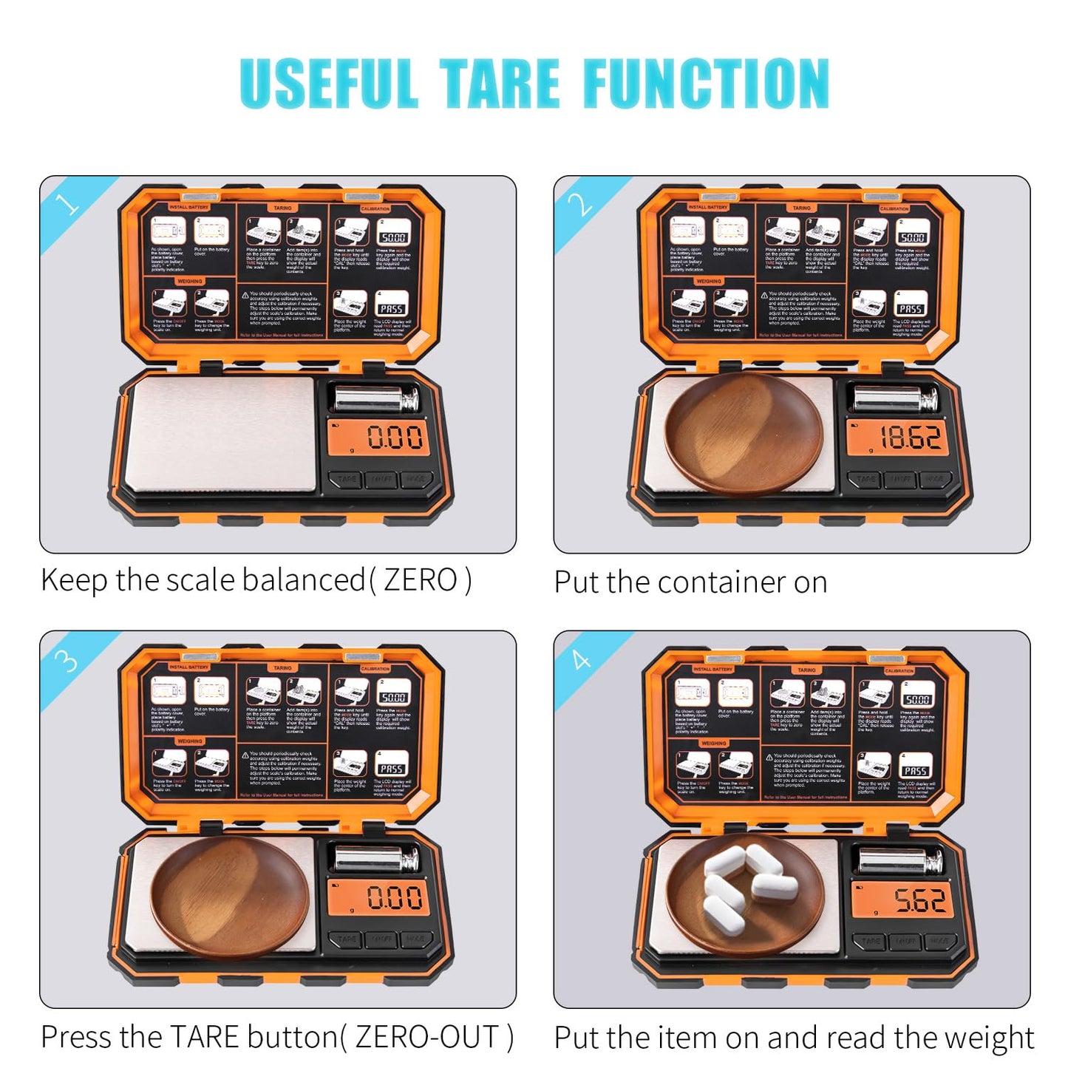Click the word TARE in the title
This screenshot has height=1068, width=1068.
(500, 84)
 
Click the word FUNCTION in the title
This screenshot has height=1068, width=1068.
(707, 84)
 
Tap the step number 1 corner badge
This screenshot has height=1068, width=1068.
(67, 203)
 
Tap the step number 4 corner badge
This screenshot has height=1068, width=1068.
(581, 658)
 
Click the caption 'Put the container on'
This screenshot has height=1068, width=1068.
(690, 582)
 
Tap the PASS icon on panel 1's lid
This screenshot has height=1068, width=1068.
(392, 307)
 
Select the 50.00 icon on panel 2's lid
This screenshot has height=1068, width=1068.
(912, 236)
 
